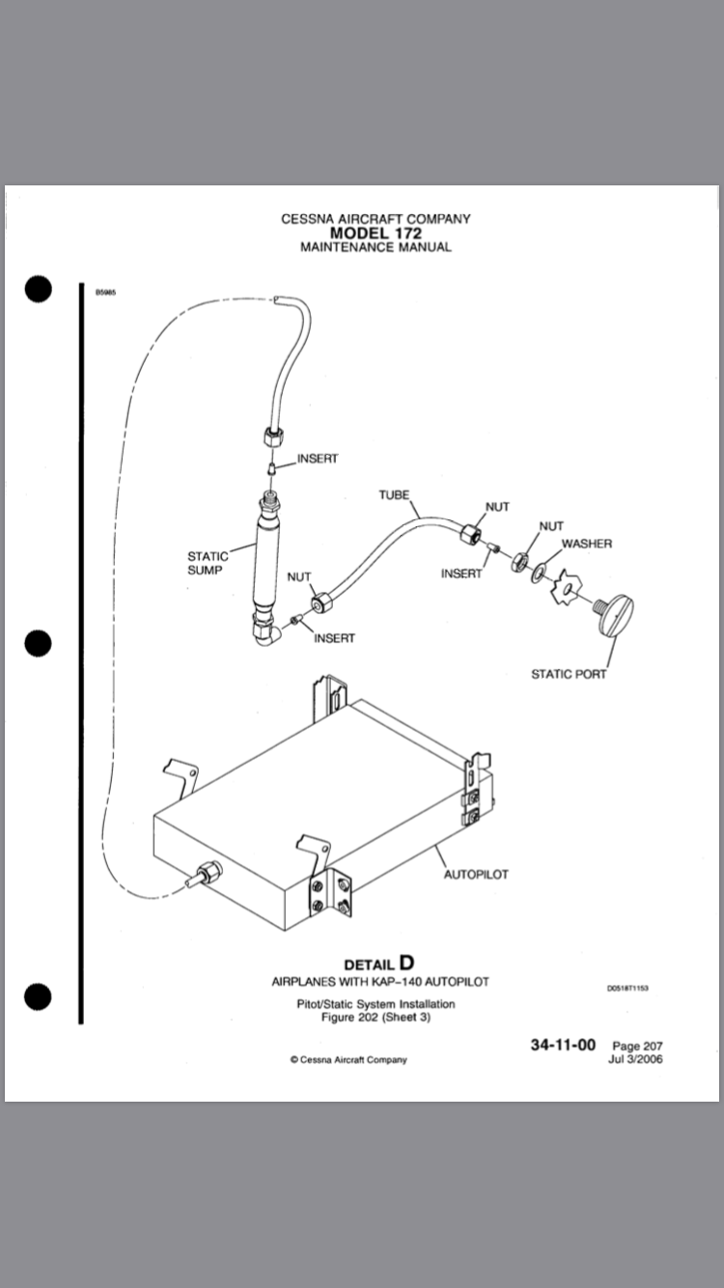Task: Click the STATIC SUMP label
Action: pos(208,563)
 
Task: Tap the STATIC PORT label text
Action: pos(569,674)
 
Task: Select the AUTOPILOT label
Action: pos(476,875)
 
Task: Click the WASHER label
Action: pos(587,544)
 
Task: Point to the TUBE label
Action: pos(394,495)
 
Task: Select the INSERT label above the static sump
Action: pos(318,459)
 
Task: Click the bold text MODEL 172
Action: pos(376,233)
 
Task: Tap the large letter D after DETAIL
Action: pos(406,963)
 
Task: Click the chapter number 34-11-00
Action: pos(562,1045)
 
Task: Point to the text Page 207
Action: pos(637,1046)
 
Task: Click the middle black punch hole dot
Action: pos(38,642)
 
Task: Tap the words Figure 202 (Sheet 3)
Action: pos(376,1018)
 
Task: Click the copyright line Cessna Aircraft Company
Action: pos(348,1059)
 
